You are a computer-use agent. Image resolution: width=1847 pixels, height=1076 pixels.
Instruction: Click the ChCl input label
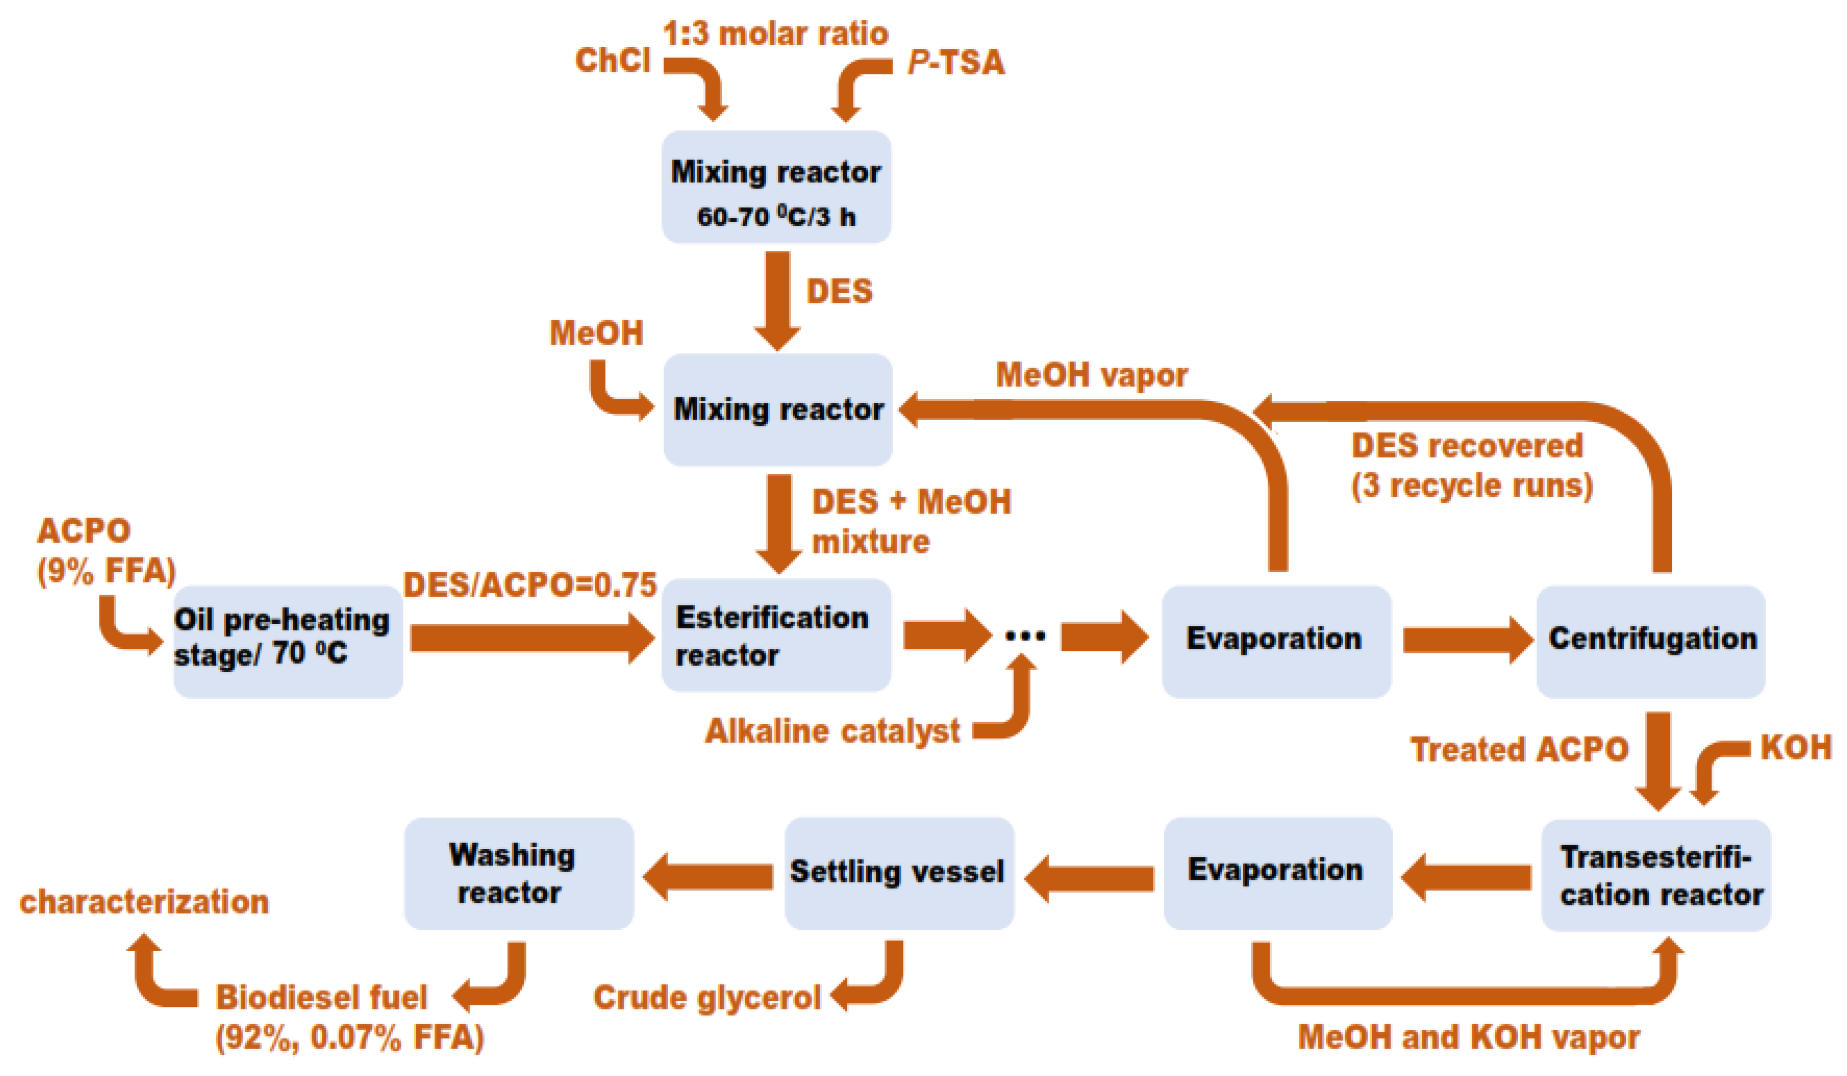pyautogui.click(x=612, y=60)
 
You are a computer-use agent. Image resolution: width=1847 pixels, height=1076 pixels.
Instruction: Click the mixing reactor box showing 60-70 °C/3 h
pyautogui.click(x=775, y=187)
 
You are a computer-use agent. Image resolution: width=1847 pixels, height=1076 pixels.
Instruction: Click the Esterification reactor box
pyautogui.click(x=775, y=635)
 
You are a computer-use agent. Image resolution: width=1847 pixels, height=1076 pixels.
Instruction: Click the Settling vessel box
pyautogui.click(x=898, y=872)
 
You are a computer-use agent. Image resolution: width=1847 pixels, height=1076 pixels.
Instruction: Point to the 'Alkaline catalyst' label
pyautogui.click(x=832, y=731)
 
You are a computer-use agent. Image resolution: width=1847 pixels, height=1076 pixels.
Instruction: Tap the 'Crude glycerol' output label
pyautogui.click(x=707, y=997)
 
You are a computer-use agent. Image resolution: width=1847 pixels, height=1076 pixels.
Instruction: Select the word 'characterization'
pyautogui.click(x=144, y=901)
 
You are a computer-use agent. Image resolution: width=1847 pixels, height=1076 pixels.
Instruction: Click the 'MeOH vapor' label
pyautogui.click(x=1091, y=375)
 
